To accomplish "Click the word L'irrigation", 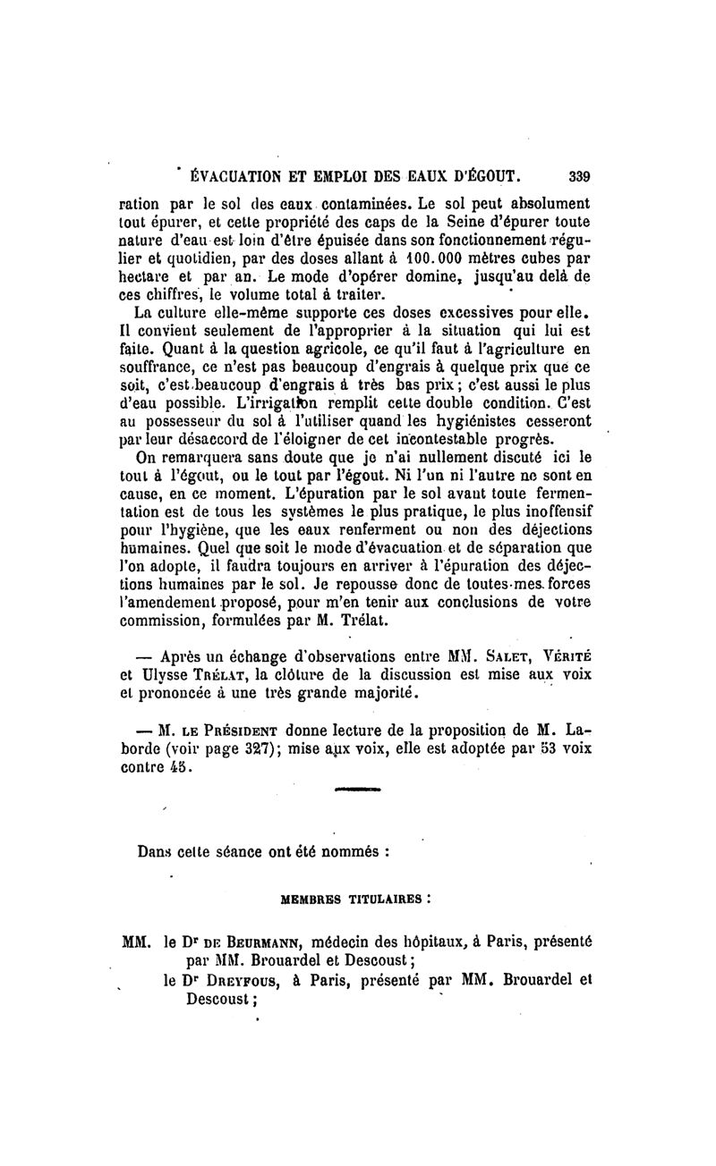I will click(288, 404).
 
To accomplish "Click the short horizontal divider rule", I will click(357, 790).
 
